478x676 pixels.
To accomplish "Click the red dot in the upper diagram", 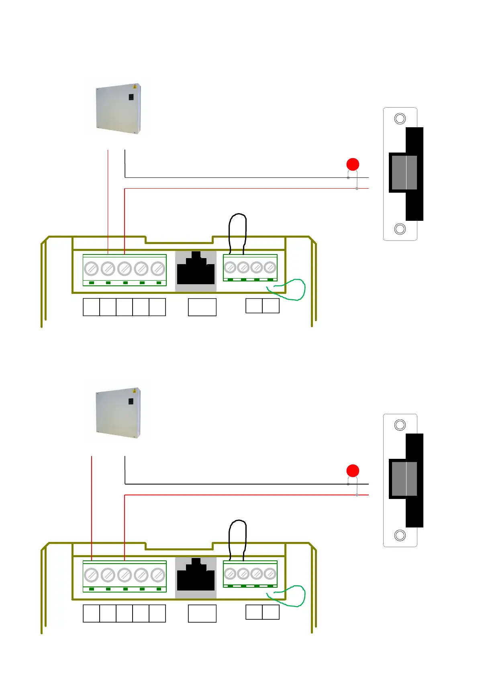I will (353, 165).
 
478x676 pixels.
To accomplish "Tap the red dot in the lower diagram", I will (353, 471).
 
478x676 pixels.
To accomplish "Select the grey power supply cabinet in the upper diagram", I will (118, 108).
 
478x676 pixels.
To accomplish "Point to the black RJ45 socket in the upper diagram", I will (196, 270).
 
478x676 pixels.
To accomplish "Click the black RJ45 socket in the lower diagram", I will (196, 576).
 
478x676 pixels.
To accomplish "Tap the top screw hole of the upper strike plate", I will (400, 119).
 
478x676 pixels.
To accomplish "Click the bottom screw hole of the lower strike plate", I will (400, 535).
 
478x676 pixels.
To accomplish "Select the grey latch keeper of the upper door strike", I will (404, 173).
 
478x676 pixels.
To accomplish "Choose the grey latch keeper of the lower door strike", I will (404, 479).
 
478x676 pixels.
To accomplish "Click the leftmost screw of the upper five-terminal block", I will (92, 268).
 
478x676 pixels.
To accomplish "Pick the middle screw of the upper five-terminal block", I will (125, 268).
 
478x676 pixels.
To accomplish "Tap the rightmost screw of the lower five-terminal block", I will (158, 575).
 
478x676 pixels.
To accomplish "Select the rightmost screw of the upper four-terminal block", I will (270, 267).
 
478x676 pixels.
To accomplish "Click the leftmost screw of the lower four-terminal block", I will (230, 574).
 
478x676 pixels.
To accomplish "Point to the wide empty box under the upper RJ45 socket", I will (202, 307).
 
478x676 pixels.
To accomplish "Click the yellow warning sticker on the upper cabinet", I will (135, 86).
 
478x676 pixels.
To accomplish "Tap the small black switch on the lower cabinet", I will (131, 401).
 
